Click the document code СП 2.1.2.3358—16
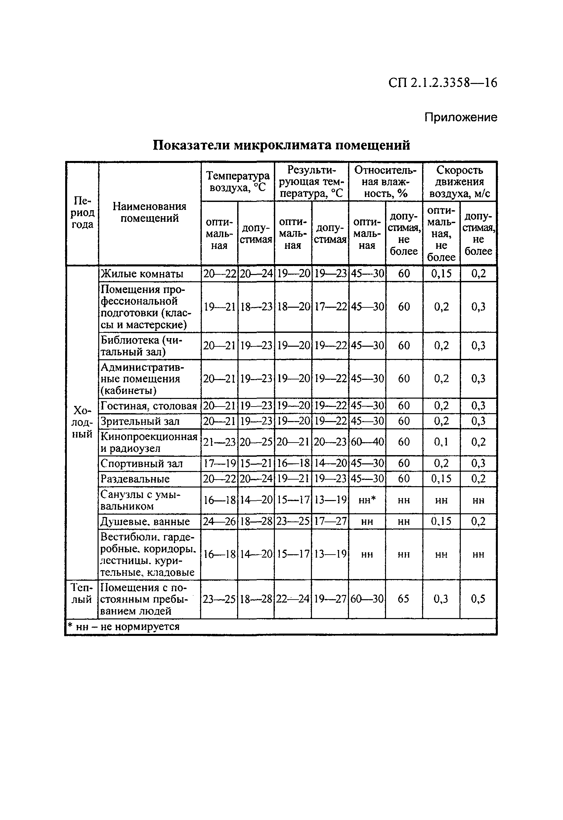(443, 83)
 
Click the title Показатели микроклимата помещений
(281, 145)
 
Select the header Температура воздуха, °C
(238, 181)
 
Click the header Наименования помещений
(150, 212)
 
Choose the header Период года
(82, 213)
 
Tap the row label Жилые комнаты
(142, 273)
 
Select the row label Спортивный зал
(142, 463)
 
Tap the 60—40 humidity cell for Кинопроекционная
(367, 442)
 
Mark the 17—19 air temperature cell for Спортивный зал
(219, 463)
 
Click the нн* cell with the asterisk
(367, 500)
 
